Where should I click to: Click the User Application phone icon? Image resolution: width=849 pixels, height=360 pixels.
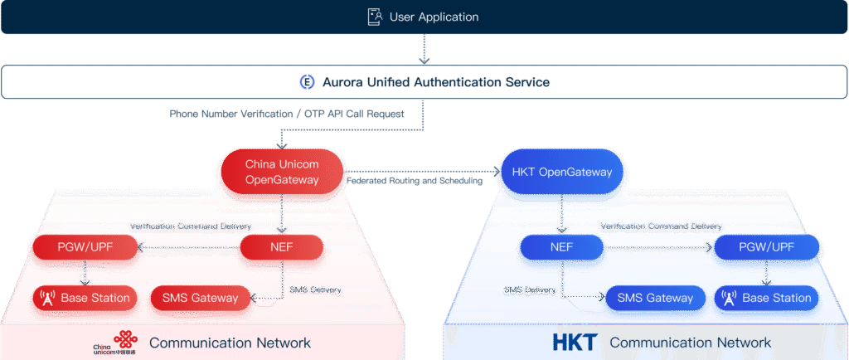(375, 17)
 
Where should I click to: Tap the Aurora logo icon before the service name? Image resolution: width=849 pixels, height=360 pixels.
(307, 82)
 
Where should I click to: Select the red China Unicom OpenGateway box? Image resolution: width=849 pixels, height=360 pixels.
(283, 172)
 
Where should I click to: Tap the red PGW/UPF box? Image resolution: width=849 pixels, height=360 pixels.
(85, 246)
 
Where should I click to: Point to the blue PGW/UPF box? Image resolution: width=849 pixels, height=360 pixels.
(768, 246)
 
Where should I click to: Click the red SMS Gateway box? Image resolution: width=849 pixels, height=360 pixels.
(200, 298)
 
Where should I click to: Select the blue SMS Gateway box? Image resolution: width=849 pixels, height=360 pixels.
(655, 298)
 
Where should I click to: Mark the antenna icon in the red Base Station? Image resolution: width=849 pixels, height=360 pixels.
(46, 298)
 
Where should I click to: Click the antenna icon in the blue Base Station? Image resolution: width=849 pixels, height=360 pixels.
(729, 298)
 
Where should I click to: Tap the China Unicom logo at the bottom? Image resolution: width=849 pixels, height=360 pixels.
(113, 343)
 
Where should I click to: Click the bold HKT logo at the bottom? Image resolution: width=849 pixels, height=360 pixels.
(575, 342)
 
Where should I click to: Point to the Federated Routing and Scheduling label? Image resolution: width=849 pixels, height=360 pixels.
(415, 180)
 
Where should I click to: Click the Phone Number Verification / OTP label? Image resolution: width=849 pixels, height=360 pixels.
(287, 114)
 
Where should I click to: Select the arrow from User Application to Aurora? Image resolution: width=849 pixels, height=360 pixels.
(424, 49)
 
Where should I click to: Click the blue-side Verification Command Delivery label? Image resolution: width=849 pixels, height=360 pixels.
(661, 226)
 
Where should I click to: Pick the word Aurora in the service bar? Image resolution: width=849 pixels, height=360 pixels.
(344, 82)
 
